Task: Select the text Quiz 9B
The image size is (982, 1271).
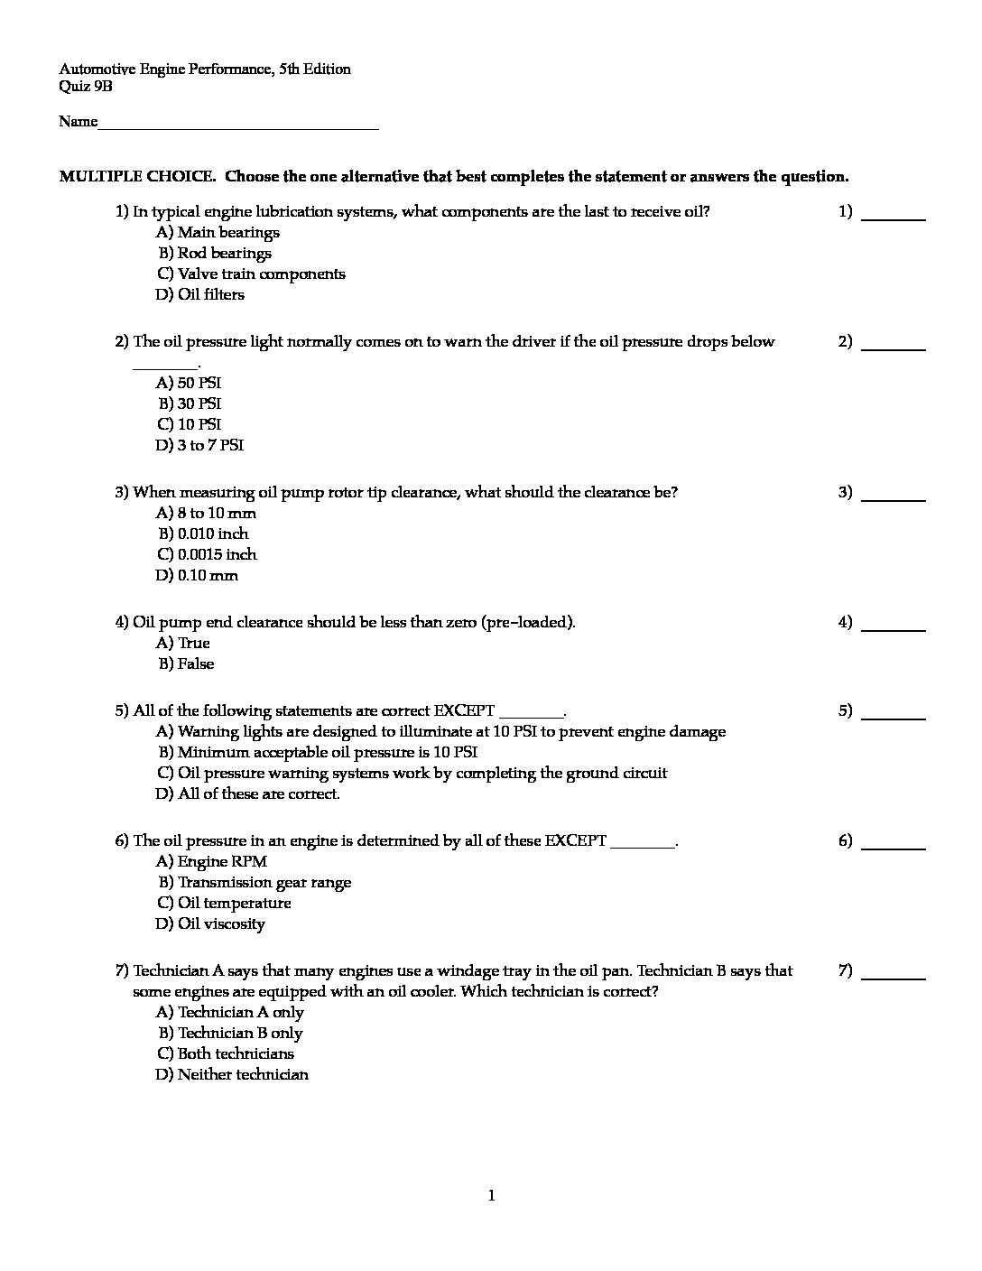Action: click(x=86, y=87)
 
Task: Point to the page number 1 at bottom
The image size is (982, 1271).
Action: click(x=491, y=1196)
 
